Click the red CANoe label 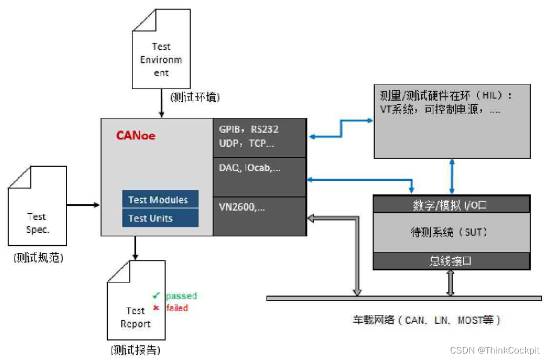pos(135,135)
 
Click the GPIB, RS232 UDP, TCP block pos(259,137)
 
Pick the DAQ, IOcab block pos(259,176)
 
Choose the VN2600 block pos(259,215)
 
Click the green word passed pos(181,296)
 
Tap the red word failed pos(177,308)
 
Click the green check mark pos(156,296)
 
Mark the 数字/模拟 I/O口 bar pos(451,205)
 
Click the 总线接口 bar pos(451,261)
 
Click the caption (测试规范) pos(38,258)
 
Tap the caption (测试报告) pos(135,349)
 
